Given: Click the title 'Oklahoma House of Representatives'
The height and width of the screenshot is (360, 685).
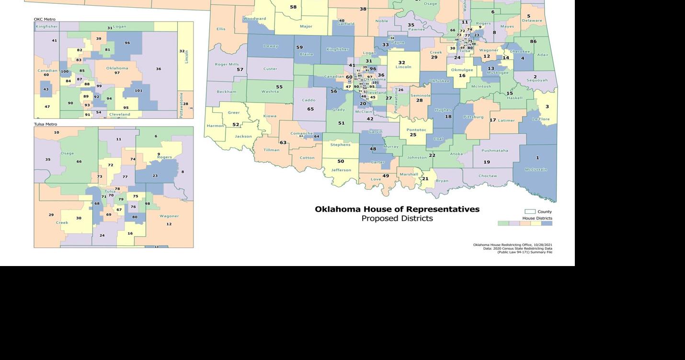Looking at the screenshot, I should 397,209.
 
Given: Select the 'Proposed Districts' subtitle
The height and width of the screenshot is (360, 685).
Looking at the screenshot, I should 397,219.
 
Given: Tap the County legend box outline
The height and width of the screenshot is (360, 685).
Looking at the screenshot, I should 530,211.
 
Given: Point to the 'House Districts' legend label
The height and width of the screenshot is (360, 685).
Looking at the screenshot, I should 537,218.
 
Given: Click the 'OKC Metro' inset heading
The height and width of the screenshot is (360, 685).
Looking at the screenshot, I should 45,19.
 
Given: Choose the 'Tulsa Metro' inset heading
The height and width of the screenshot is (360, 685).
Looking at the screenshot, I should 46,124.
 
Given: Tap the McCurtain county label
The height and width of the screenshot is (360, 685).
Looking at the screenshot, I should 536,169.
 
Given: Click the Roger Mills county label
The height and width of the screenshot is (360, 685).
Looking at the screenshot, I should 227,64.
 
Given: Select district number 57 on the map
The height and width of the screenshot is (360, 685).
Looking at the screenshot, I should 240,70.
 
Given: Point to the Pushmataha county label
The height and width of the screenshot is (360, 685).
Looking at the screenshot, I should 494,151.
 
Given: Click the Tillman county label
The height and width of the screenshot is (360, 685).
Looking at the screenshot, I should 271,150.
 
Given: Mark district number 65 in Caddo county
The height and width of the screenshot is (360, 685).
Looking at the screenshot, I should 310,109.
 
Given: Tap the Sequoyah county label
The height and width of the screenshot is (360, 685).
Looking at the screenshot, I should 537,81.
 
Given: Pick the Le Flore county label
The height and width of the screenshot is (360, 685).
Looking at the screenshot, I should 540,119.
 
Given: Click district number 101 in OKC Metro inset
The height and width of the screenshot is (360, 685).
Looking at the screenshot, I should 138,91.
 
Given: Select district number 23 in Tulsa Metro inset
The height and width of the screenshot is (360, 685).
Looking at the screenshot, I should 155,176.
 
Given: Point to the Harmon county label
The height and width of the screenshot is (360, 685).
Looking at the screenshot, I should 215,126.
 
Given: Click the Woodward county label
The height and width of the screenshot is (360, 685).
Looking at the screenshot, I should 254,19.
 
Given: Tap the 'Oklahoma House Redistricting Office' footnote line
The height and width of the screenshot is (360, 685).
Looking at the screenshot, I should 513,245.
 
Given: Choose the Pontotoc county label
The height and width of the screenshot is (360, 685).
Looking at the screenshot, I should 415,130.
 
